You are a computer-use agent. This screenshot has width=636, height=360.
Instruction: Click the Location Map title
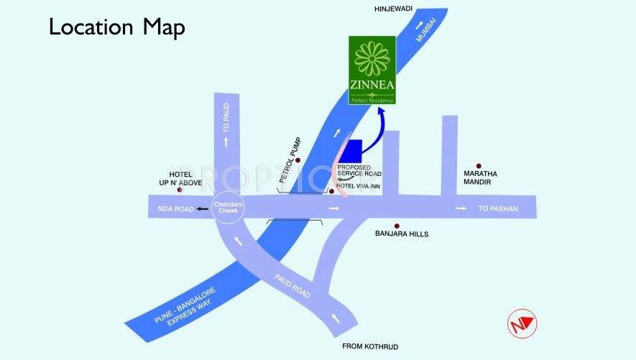point(116,27)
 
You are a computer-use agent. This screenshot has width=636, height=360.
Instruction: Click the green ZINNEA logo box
point(372,70)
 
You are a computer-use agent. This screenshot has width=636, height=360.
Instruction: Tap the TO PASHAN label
point(498,209)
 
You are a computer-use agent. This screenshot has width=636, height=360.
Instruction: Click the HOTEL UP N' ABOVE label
point(185,178)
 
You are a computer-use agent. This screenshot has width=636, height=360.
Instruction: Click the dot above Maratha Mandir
point(477,165)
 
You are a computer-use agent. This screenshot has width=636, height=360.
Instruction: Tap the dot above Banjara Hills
point(396,225)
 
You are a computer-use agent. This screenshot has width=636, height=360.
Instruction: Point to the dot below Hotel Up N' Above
point(180,190)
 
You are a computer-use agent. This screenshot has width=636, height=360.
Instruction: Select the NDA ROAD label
point(175,209)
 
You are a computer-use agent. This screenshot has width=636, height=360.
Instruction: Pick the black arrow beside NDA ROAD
point(203,209)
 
